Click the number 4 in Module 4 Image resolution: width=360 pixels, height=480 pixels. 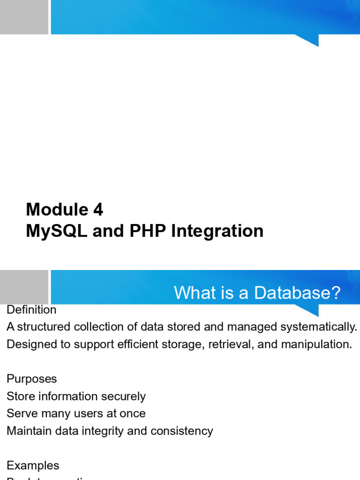(x=98, y=210)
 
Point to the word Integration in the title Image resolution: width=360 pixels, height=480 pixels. (x=218, y=231)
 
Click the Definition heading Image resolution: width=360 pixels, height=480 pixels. (x=31, y=310)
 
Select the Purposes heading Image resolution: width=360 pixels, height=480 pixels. (x=32, y=379)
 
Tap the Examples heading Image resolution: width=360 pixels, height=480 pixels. (x=33, y=465)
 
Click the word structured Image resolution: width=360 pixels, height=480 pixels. (x=40, y=327)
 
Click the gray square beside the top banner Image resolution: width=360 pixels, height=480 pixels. (x=24, y=17)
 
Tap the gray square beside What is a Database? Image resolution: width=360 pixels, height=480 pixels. (x=24, y=286)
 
